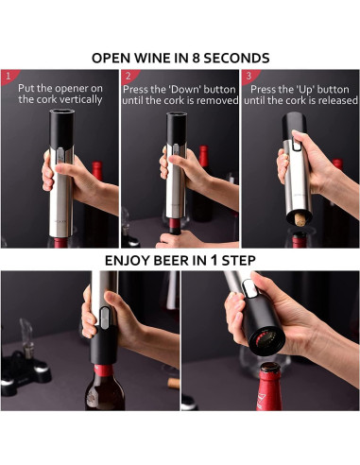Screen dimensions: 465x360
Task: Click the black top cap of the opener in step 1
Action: point(61,129)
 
